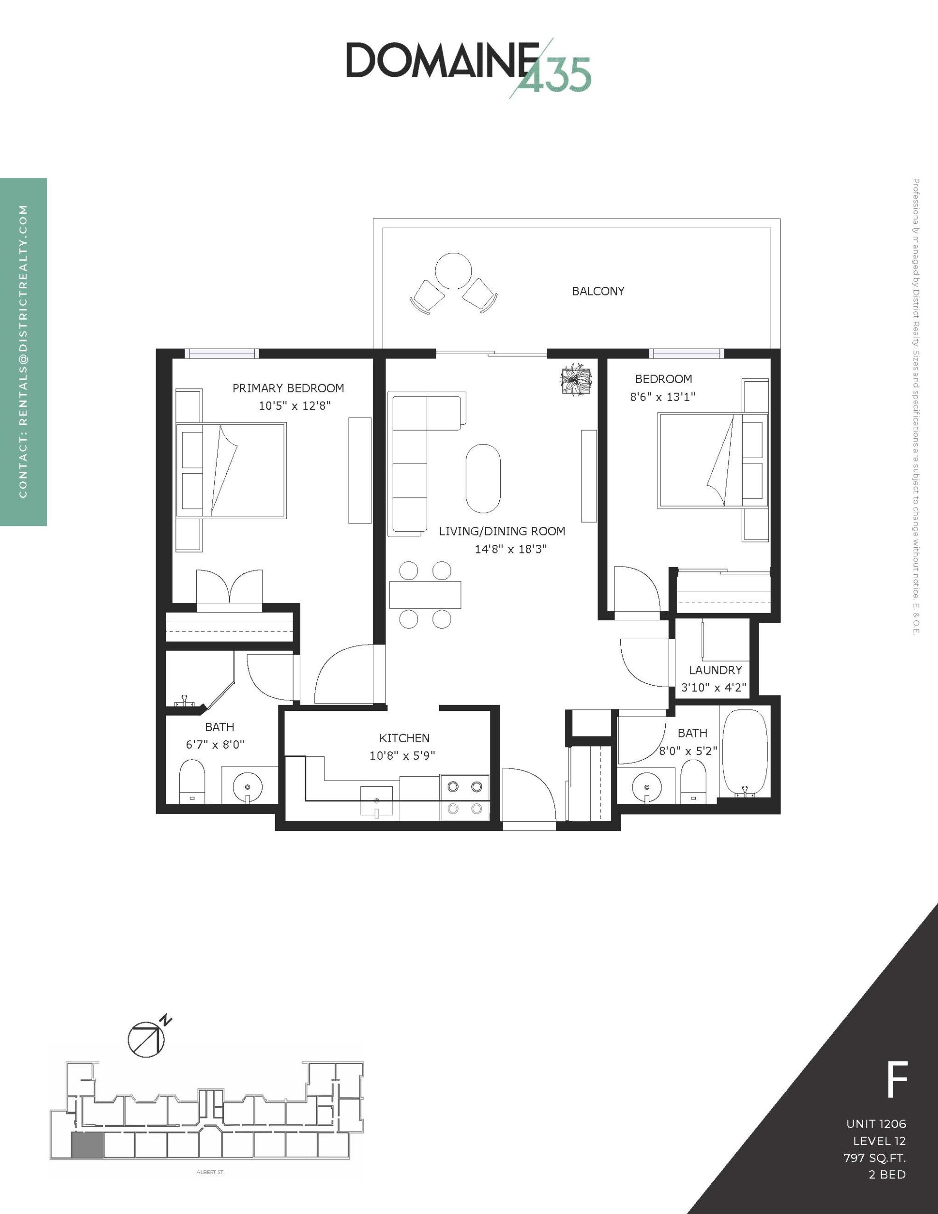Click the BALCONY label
pos(598,291)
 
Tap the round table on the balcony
pos(453,271)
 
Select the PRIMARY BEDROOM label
pos(288,388)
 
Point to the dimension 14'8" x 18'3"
pos(510,549)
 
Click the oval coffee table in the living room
pos(483,478)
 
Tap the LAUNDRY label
pos(715,670)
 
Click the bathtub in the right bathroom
pos(745,753)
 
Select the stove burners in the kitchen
pos(465,797)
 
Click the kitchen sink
pos(377,801)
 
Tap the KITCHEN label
pos(404,738)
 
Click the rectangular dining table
pos(425,595)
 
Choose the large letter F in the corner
pos(897,1078)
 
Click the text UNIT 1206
pos(876,1123)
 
